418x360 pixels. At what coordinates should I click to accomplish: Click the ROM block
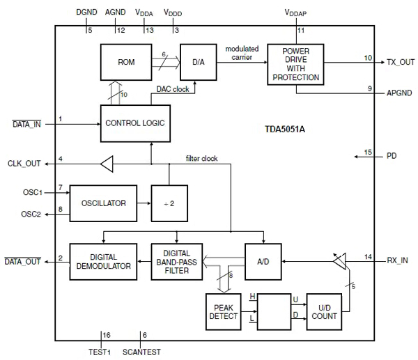pos(126,63)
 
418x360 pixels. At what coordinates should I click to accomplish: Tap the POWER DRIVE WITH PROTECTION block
pos(297,64)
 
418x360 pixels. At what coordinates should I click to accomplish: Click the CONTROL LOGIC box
pos(134,123)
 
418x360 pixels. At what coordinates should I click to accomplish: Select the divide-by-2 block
pos(171,203)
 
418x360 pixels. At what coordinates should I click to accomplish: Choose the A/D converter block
pos(263,261)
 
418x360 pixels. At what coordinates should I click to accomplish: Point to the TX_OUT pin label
pos(401,63)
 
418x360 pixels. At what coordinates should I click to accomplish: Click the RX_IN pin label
pos(398,261)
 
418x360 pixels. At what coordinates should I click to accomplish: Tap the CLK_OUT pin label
pos(22,164)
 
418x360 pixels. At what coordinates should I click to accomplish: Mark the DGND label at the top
pos(86,12)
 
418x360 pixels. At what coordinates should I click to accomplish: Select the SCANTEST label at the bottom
pos(144,352)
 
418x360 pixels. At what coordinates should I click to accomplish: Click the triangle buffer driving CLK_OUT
pos(107,164)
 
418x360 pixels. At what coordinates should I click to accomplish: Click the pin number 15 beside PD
pos(368,152)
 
